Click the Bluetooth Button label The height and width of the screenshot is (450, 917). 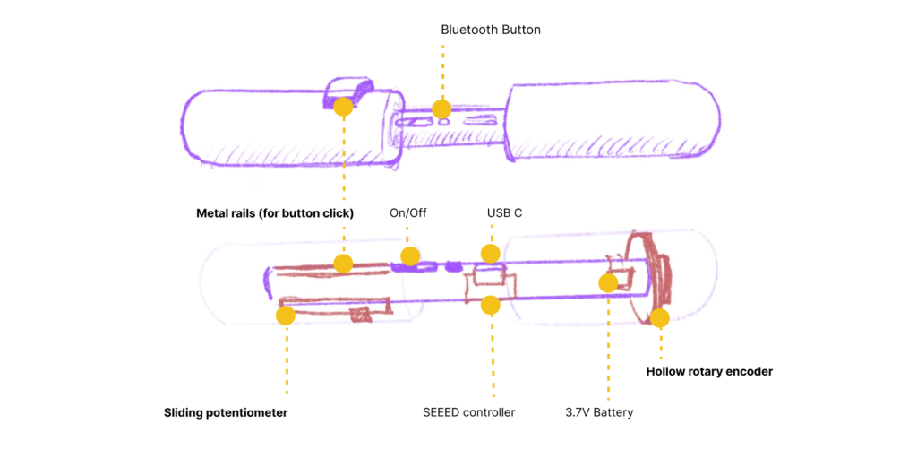click(x=491, y=30)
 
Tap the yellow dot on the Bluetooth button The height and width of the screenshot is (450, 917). click(x=441, y=109)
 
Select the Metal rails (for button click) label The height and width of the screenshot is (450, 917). click(x=275, y=213)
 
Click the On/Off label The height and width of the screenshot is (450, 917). click(x=408, y=213)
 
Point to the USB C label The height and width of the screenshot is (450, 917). click(x=504, y=213)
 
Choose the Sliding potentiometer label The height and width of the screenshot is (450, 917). click(x=226, y=413)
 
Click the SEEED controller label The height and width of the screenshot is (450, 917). click(x=468, y=413)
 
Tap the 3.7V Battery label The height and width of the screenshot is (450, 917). click(x=599, y=413)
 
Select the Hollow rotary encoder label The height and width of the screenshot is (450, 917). click(x=708, y=371)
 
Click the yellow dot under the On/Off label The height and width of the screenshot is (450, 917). click(x=410, y=257)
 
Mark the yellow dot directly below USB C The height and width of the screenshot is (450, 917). click(x=490, y=254)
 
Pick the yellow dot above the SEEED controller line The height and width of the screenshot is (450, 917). click(x=490, y=305)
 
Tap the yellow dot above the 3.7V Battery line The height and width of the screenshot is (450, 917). click(x=608, y=283)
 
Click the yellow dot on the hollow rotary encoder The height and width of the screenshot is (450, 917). click(x=660, y=317)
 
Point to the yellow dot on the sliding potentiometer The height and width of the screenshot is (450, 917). click(x=286, y=316)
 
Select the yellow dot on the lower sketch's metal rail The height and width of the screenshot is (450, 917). click(x=342, y=264)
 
